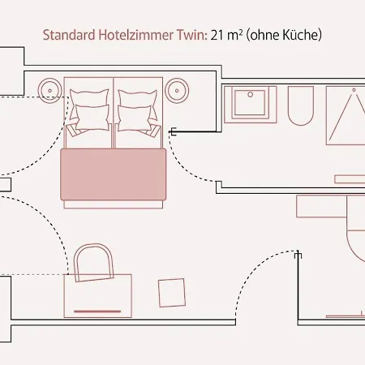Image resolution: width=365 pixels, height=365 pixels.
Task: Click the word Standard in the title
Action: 69,35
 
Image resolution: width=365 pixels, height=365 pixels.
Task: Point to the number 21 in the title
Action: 217,35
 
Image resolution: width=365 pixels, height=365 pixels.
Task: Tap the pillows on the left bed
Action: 90,110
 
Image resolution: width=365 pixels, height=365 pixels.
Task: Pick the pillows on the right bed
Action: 138,110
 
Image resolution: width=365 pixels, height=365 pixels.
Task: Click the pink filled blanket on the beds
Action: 114,174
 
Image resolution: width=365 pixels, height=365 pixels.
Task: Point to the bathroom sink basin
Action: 251,105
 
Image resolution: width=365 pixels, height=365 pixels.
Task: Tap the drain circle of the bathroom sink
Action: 251,94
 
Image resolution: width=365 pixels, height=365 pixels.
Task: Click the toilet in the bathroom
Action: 301,106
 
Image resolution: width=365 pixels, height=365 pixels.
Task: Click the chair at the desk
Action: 94,262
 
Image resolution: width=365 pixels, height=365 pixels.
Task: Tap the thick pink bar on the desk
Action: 97,311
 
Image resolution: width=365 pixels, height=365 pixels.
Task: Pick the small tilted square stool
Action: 172,293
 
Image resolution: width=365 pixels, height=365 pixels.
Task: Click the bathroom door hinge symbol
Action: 174,131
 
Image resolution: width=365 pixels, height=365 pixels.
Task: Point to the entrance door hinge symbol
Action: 298,255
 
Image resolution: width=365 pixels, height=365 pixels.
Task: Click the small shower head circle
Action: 354,90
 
